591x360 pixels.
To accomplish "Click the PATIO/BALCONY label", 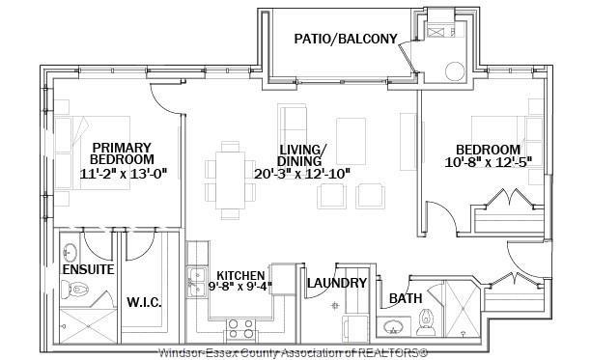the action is (346, 39).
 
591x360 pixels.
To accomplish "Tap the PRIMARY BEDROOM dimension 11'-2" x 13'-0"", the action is (124, 174).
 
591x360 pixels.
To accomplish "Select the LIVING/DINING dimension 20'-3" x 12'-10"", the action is (302, 174).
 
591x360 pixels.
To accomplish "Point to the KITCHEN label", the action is (240, 276).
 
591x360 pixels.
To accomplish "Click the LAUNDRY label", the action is (337, 283).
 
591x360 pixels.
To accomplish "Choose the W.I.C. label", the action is (144, 302).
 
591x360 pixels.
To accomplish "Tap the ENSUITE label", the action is (88, 269).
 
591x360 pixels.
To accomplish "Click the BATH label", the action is (406, 298).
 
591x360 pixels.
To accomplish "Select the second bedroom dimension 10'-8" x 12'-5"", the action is (489, 162).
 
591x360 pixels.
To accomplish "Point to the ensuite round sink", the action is (70, 252).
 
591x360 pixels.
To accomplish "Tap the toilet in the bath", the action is (426, 322).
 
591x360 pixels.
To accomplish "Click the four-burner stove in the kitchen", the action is (241, 328).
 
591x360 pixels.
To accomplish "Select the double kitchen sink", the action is (197, 282).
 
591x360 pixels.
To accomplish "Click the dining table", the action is (230, 180).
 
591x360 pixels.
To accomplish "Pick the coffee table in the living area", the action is (351, 141).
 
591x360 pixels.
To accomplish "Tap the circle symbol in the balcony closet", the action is (455, 71).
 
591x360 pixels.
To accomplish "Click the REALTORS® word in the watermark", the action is (393, 353).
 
